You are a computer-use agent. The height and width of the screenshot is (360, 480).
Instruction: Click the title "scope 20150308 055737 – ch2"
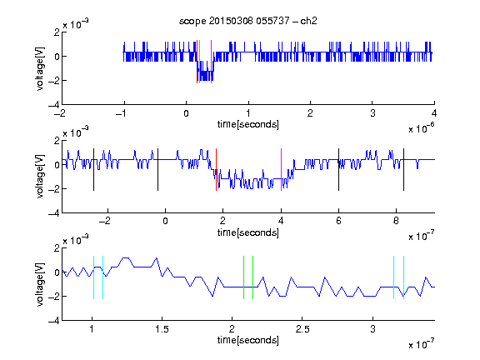248,21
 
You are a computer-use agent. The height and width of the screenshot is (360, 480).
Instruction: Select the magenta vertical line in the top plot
211,62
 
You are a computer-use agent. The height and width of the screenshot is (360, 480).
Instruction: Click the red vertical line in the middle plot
216,170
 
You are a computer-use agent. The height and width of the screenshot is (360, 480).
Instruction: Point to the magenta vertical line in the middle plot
281,170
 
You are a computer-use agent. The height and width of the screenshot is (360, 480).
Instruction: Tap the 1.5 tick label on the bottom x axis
162,329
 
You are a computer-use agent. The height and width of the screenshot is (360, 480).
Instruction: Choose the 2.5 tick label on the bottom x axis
302,329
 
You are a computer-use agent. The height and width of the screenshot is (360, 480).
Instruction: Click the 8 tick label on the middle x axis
396,221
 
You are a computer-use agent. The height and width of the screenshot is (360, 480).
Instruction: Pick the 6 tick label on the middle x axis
338,221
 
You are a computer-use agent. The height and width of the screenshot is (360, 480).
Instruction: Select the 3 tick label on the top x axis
372,113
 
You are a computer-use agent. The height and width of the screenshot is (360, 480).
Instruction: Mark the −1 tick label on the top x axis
122,113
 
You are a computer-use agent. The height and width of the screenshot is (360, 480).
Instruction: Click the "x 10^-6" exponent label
422,128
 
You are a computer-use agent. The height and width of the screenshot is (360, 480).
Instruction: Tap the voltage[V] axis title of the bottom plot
40,284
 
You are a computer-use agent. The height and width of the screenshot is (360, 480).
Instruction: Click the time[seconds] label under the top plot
248,124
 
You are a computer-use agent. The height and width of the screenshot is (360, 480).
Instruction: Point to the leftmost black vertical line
93,170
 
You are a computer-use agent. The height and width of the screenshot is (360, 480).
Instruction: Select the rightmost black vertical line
403,170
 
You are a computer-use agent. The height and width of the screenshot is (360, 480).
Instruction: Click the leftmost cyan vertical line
93,277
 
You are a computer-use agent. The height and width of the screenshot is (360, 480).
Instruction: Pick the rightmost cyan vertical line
404,277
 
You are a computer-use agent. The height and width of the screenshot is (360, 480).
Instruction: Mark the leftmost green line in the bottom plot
243,277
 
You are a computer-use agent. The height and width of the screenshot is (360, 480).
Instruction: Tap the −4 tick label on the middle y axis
54,213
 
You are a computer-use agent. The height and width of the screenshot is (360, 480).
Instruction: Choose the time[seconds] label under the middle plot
248,232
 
